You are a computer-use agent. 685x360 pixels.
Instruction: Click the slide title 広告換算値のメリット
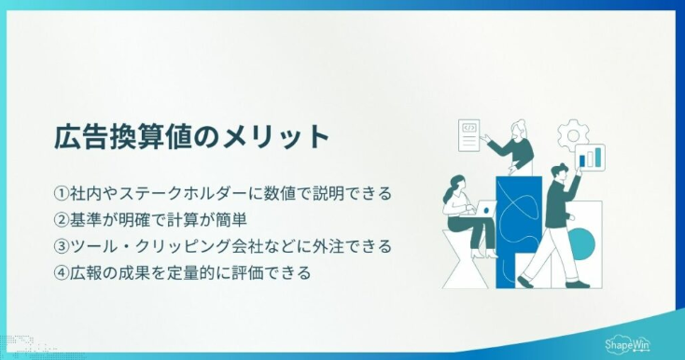[191, 137]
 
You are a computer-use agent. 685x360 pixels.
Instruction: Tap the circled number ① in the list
[62, 194]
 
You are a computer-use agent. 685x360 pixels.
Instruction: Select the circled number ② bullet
[62, 220]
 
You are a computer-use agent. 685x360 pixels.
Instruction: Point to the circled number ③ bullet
[62, 247]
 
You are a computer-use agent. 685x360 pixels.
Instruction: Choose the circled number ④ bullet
[62, 273]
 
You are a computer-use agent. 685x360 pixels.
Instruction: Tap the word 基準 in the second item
[89, 220]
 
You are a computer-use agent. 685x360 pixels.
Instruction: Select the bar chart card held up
[590, 158]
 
